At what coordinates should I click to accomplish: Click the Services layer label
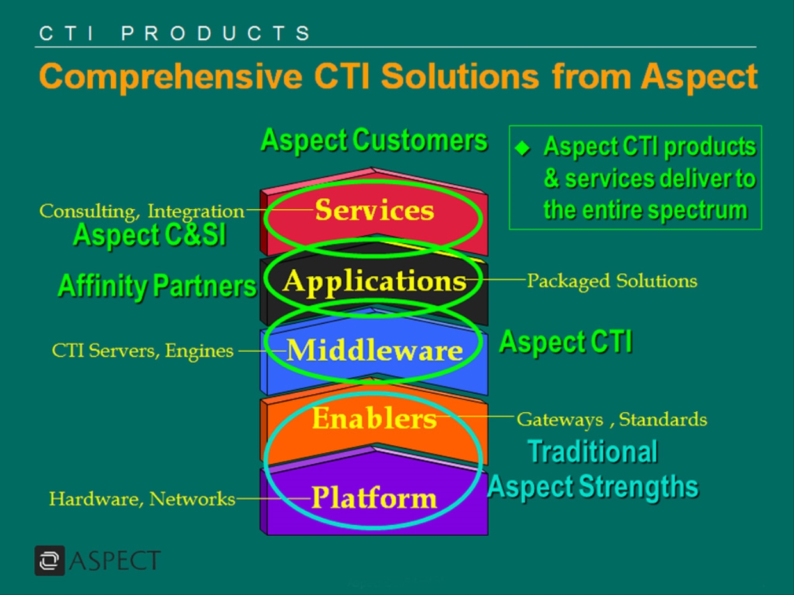pyautogui.click(x=375, y=210)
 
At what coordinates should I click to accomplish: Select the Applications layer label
pyautogui.click(x=375, y=281)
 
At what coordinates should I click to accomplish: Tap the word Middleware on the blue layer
pyautogui.click(x=375, y=351)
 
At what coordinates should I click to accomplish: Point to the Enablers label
pyautogui.click(x=374, y=419)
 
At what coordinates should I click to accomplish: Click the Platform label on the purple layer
pyautogui.click(x=374, y=498)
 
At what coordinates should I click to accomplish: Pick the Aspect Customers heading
pyautogui.click(x=374, y=140)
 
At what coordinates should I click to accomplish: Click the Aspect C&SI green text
pyautogui.click(x=149, y=235)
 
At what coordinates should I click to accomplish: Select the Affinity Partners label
pyautogui.click(x=157, y=286)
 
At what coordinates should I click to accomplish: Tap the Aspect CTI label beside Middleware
pyautogui.click(x=565, y=342)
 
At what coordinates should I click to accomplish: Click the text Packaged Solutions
pyautogui.click(x=612, y=281)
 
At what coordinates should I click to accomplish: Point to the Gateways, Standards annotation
pyautogui.click(x=612, y=420)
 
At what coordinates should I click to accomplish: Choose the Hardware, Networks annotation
pyautogui.click(x=142, y=499)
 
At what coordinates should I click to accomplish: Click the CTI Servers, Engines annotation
pyautogui.click(x=143, y=351)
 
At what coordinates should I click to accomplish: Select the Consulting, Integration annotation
pyautogui.click(x=142, y=211)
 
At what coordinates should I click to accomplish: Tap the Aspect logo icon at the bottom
pyautogui.click(x=49, y=560)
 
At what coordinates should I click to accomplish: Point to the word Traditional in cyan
pyautogui.click(x=593, y=452)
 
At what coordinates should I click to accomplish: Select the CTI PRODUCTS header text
pyautogui.click(x=175, y=33)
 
